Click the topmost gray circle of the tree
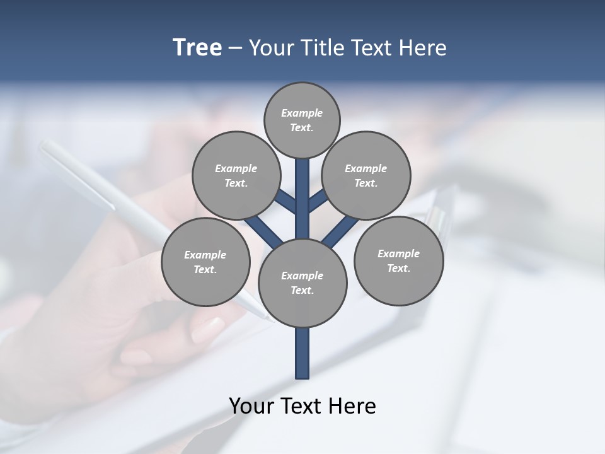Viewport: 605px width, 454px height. pos(302,120)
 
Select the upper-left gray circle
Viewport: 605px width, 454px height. pos(236,175)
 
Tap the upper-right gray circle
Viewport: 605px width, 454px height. pos(366,175)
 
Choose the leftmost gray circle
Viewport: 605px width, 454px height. pos(205,262)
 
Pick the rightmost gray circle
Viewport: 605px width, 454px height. pos(398,260)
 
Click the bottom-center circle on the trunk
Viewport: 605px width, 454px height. pos(302,282)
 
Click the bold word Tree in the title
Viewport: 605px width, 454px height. pos(197,47)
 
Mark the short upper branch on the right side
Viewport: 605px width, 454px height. pos(318,201)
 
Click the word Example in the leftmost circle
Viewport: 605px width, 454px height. pos(205,255)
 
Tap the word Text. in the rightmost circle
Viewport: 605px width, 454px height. pos(398,268)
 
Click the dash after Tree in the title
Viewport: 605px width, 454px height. pos(235,48)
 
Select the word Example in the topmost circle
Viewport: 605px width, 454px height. pos(302,113)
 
